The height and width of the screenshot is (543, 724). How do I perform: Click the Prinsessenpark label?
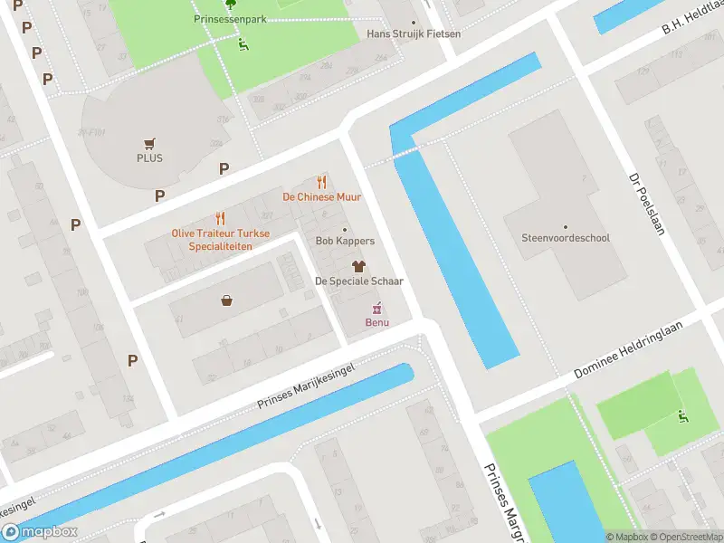click(230, 18)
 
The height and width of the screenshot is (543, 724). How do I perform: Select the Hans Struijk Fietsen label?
click(414, 33)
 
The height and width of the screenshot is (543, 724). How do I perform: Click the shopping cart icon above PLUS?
click(149, 143)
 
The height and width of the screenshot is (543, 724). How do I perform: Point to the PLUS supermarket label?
click(149, 157)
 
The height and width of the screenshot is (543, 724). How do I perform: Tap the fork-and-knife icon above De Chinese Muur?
click(321, 182)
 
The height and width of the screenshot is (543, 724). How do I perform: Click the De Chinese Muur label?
click(321, 196)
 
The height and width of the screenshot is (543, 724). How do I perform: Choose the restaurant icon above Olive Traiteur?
click(220, 218)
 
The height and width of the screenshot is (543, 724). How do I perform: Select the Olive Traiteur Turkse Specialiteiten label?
click(221, 239)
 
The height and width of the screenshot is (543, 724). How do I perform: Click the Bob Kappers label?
click(344, 241)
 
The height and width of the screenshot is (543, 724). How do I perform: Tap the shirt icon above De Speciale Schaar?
click(358, 266)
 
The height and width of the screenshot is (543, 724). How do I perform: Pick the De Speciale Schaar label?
click(358, 281)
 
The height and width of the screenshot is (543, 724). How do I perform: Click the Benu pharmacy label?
click(376, 322)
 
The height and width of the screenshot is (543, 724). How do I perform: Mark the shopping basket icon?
click(225, 300)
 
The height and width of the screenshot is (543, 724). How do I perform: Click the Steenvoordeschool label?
click(566, 238)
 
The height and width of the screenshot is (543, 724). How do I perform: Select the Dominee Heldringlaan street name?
click(639, 348)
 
